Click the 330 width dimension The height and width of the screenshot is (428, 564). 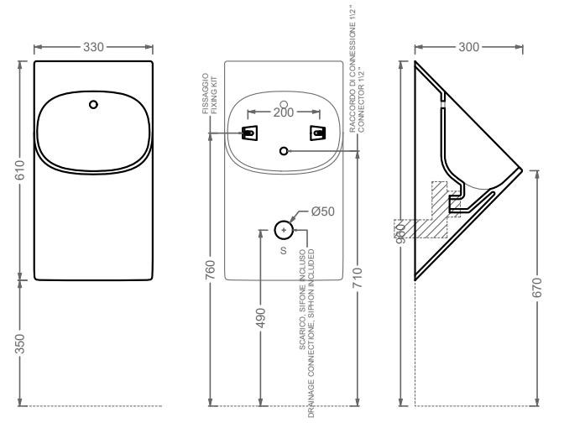(93, 47)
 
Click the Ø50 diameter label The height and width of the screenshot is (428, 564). (322, 211)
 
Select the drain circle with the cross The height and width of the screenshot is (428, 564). (284, 229)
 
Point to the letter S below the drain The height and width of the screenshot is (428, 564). (283, 251)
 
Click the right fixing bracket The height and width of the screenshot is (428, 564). (317, 133)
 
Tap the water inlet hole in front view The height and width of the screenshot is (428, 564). (93, 105)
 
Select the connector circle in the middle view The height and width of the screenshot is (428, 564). (284, 150)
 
